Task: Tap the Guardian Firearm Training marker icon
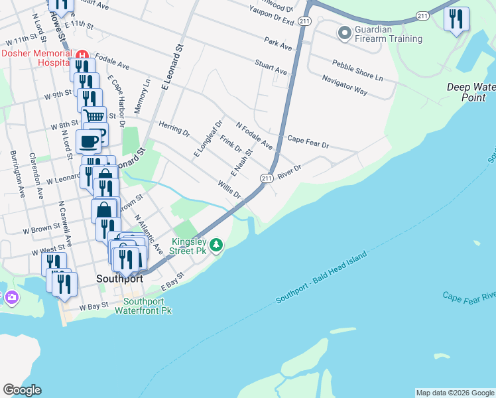tap(344, 32)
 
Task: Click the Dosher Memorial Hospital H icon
tap(82, 54)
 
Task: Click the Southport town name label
tap(119, 279)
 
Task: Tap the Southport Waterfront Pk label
tap(143, 305)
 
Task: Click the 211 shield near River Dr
tap(267, 178)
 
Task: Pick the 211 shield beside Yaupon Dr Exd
tap(304, 22)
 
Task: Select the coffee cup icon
tap(89, 140)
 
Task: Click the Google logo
tap(22, 390)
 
